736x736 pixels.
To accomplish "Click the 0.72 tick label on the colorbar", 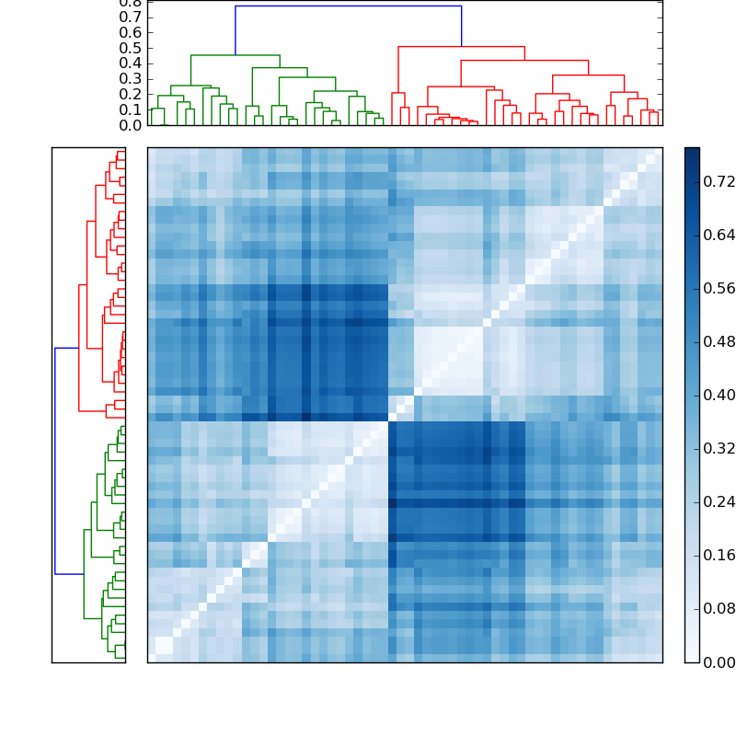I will pos(719,182).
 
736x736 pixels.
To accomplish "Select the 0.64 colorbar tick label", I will pos(719,236).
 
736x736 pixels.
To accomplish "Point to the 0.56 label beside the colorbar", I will pos(719,289).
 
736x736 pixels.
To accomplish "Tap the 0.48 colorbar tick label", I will pos(719,342).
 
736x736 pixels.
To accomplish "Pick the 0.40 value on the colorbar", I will pos(719,396).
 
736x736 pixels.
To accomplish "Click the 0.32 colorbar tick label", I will pos(719,449).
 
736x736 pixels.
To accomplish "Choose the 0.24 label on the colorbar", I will pos(719,502).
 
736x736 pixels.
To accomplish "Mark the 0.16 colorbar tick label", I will pos(719,556).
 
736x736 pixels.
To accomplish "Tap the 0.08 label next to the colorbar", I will pos(719,609).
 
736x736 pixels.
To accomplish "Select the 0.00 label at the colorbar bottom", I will pos(719,662).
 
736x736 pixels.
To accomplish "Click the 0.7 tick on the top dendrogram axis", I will pos(131,17).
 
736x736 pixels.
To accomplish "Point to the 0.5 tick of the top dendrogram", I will pos(131,48).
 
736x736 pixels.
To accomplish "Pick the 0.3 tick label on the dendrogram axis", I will pos(131,79).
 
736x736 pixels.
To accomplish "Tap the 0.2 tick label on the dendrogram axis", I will pos(131,95).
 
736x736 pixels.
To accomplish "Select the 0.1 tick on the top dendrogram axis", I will pos(131,109).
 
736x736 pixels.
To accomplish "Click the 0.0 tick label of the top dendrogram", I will pos(131,125).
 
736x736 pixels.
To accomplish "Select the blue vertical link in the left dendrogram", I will pos(55,460).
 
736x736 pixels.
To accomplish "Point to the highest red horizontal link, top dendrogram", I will pos(461,47).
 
